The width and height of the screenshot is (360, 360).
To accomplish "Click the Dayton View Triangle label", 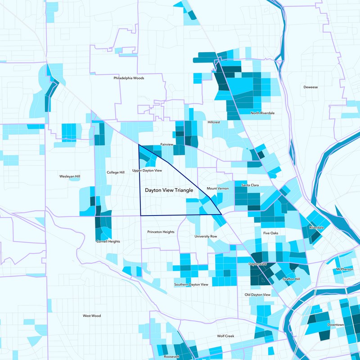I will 169,191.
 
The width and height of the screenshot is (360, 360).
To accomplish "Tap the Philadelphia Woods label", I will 129,78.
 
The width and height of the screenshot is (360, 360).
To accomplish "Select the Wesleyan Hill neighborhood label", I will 70,176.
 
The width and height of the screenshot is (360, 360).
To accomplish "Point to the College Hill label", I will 116,172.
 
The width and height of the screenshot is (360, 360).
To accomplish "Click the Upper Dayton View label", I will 147,171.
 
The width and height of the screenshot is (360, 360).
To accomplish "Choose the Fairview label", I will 167,144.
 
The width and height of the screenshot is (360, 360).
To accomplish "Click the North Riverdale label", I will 263,113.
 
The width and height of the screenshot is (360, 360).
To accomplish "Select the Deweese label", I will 310,87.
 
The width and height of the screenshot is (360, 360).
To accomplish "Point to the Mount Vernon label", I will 218,188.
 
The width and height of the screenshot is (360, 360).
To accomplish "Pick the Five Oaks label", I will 271,234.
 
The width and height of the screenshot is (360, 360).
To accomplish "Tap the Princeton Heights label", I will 161,232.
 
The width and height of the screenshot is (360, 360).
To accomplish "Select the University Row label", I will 206,236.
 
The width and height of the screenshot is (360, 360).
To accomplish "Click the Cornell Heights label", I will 108,242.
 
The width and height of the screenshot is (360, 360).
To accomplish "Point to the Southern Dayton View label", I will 191,285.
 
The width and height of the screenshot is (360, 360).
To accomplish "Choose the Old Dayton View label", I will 257,295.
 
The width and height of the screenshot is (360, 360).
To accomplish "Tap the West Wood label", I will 92,316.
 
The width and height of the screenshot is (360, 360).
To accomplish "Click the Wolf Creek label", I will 226,336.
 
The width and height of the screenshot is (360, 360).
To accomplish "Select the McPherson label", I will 346,270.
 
